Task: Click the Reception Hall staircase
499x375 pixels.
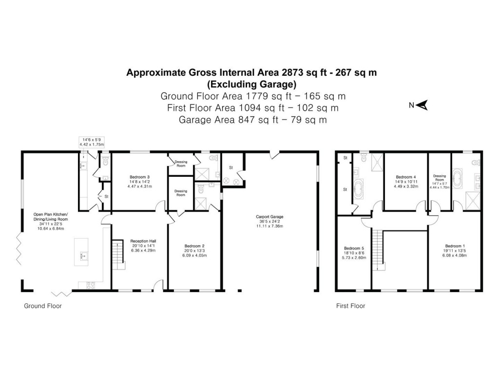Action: pos(118,253)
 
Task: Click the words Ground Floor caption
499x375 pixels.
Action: pos(43,306)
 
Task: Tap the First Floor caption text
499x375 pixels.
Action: pos(350,306)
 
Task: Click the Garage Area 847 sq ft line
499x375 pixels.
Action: pos(252,119)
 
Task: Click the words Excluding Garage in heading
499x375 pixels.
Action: pos(252,83)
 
